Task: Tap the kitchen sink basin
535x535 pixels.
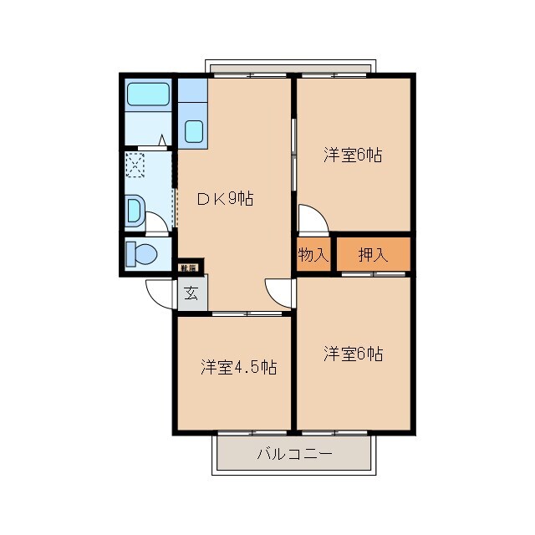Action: pyautogui.click(x=193, y=130)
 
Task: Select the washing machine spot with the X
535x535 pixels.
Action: pyautogui.click(x=135, y=166)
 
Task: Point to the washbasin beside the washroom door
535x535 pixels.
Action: pyautogui.click(x=134, y=210)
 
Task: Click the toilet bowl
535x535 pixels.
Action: pyautogui.click(x=143, y=253)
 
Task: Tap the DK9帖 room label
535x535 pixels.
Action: pyautogui.click(x=225, y=199)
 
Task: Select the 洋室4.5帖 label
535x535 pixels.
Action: pyautogui.click(x=238, y=367)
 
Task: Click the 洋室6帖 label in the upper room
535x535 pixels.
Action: pyautogui.click(x=353, y=155)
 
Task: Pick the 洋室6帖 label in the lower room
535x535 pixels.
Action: pyautogui.click(x=353, y=354)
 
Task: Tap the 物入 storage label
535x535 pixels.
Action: pyautogui.click(x=313, y=255)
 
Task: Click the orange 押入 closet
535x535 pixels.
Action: pyautogui.click(x=373, y=255)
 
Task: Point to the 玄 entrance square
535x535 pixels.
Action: pyautogui.click(x=191, y=293)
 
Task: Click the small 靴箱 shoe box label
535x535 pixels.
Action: pyautogui.click(x=189, y=268)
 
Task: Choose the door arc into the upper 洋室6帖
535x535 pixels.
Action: pyautogui.click(x=313, y=219)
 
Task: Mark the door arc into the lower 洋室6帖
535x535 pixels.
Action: pyautogui.click(x=280, y=288)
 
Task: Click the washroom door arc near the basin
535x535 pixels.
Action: pyautogui.click(x=157, y=222)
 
